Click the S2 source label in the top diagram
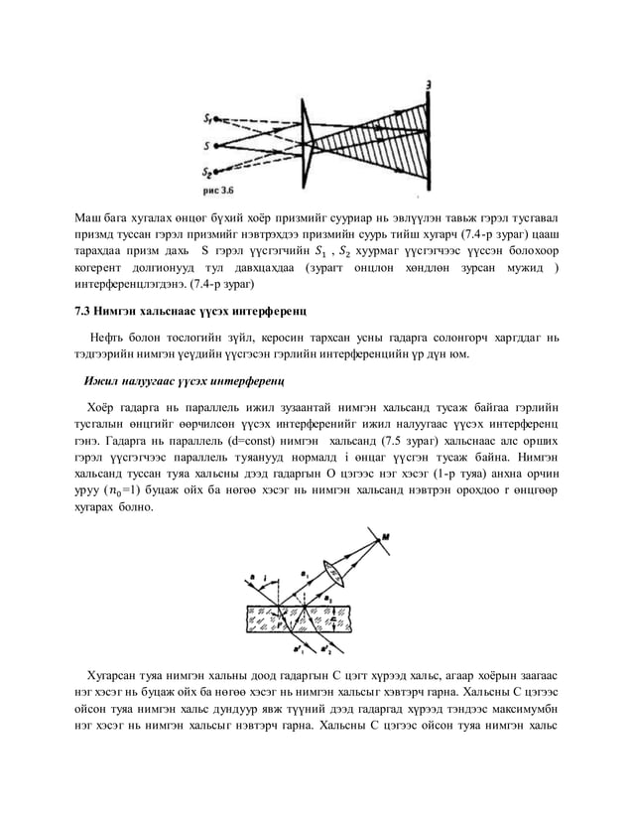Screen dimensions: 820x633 coord(208,169)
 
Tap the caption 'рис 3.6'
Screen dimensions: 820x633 coord(218,186)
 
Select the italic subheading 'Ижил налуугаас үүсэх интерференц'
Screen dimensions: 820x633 coord(185,380)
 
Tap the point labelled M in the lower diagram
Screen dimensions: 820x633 coord(385,537)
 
